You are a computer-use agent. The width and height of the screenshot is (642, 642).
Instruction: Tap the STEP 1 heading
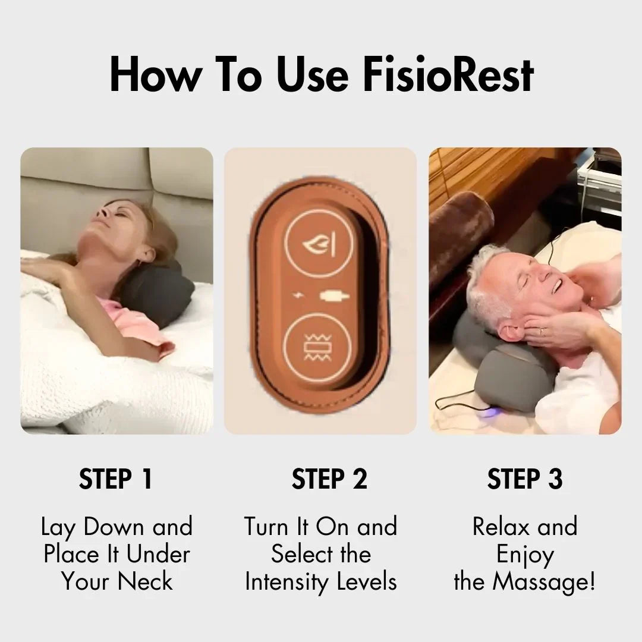click(116, 480)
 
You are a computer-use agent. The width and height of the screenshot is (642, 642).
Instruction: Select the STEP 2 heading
click(329, 480)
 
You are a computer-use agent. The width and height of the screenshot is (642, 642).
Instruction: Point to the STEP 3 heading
click(525, 480)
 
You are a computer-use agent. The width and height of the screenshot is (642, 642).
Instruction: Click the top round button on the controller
click(319, 244)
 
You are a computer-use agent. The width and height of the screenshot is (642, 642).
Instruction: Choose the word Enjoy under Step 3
click(525, 554)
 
